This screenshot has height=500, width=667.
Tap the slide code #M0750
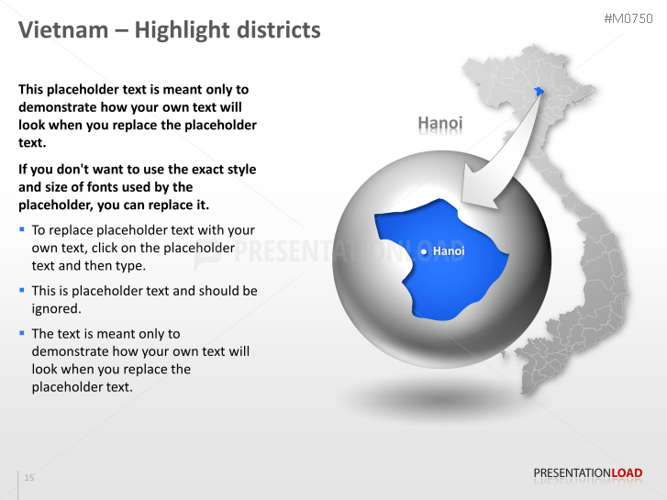click(628, 19)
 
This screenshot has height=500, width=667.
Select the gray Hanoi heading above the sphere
click(440, 123)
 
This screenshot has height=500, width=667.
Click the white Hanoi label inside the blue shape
click(449, 250)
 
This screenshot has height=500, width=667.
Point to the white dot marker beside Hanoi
click(423, 251)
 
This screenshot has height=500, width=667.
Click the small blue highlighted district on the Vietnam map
click(539, 91)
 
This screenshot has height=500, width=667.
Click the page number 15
click(29, 478)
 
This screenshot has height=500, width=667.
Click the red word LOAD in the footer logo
click(627, 473)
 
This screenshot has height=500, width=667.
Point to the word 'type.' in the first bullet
click(129, 265)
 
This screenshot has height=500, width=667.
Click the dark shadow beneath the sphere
click(431, 399)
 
